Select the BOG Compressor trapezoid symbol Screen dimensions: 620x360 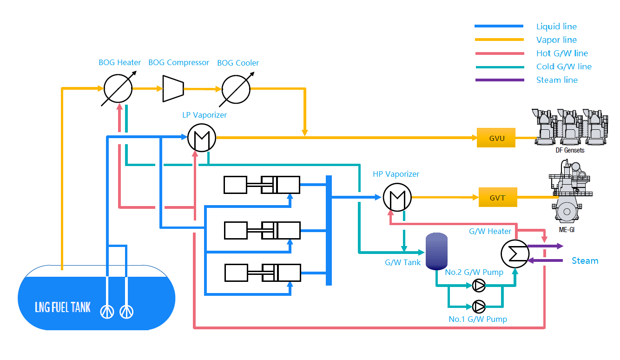[173, 89]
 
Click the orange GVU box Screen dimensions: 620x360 [496, 138]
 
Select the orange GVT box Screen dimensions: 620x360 [498, 197]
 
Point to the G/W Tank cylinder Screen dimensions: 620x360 [436, 251]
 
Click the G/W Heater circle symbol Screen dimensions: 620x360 [515, 253]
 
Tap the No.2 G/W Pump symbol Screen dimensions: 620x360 [479, 285]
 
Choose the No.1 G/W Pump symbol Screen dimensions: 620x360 [479, 307]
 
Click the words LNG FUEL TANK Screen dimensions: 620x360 [63, 307]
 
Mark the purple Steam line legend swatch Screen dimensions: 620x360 [500, 80]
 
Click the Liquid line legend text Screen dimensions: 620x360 [556, 27]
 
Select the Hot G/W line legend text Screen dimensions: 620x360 [562, 53]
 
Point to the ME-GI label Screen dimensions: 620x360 [567, 230]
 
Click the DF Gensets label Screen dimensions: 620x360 [570, 150]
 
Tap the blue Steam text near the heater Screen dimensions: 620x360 [585, 260]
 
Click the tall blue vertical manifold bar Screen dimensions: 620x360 [329, 230]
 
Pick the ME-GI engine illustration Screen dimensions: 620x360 [570, 191]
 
